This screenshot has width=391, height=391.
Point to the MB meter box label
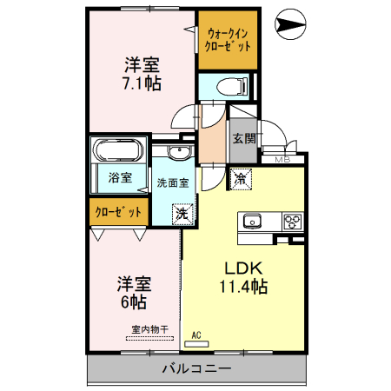[282, 160]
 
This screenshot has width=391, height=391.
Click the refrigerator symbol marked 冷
[240, 179]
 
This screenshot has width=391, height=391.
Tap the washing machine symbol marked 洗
[182, 213]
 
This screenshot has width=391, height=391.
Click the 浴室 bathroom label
[120, 178]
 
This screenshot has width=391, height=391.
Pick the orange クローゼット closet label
[116, 211]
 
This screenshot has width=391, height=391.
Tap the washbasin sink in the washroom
[180, 154]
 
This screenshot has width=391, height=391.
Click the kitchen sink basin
[253, 220]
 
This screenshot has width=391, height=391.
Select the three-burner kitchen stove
[291, 220]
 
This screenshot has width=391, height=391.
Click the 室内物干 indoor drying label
[149, 329]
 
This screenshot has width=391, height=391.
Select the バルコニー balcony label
[196, 369]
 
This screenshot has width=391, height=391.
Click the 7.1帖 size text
[142, 83]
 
